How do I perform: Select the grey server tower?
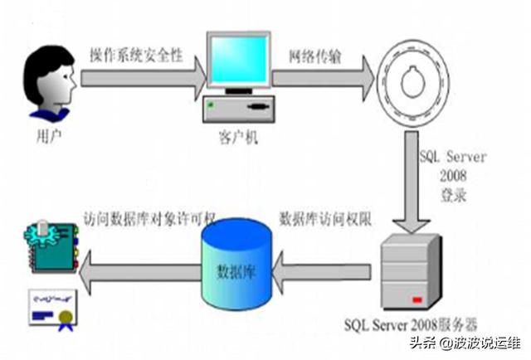(412, 270)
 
